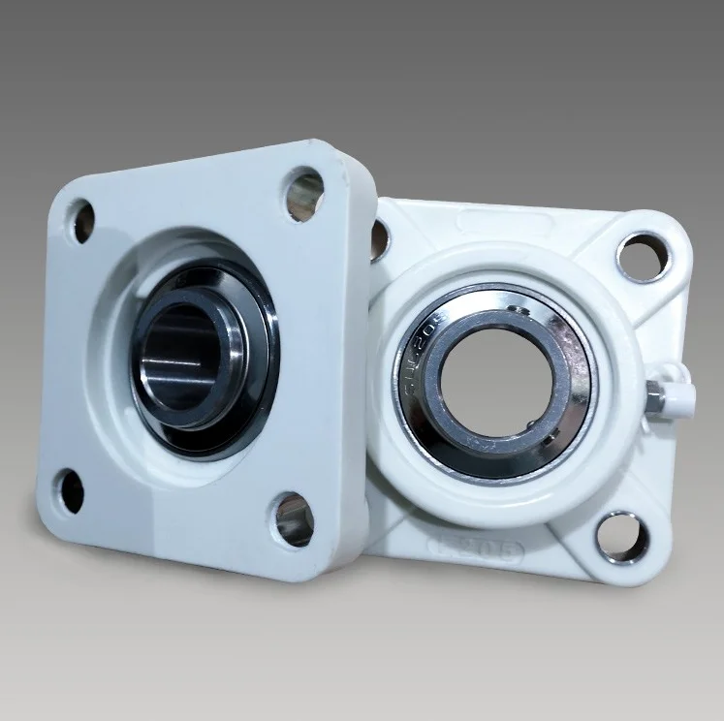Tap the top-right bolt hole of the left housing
point(303,193)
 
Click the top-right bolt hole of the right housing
point(642,257)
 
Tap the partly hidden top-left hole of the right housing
point(379,239)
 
